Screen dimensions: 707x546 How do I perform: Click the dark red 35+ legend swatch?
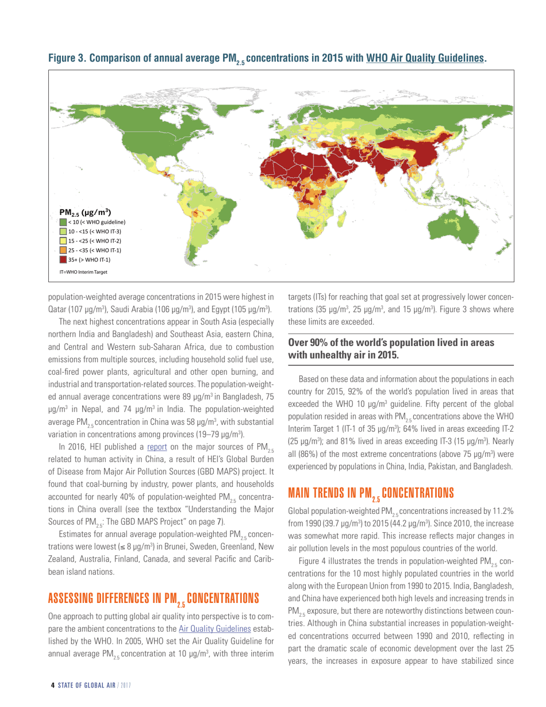[x=63, y=259]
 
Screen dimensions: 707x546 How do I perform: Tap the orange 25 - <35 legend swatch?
[x=63, y=250]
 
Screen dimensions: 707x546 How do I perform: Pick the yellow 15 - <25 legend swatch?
[x=63, y=240]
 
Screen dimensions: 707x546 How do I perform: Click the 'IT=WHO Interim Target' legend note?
[x=84, y=271]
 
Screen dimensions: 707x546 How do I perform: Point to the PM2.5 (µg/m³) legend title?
[x=86, y=211]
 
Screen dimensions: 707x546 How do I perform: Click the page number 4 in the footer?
[x=53, y=686]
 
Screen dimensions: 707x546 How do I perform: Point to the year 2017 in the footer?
[x=126, y=686]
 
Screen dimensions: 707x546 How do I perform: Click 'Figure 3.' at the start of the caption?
[x=68, y=59]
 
